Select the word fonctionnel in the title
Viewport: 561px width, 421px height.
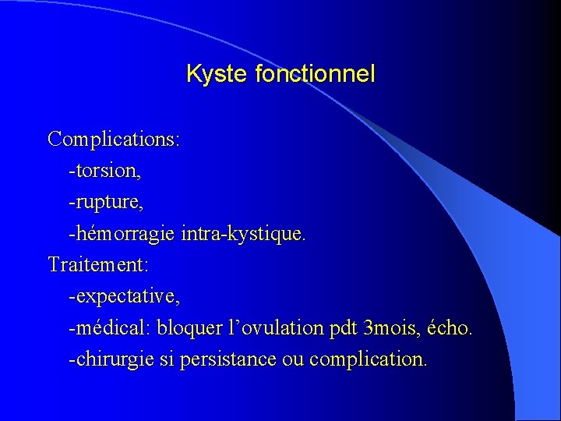tap(315, 74)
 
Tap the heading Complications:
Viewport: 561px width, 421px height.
tap(114, 140)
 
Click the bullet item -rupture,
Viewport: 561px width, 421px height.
tap(106, 203)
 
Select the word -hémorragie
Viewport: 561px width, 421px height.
tap(122, 233)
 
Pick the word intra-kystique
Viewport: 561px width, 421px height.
tap(244, 233)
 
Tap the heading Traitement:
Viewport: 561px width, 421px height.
tap(98, 265)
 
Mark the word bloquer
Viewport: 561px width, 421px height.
tap(187, 328)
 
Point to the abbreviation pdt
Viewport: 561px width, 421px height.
tap(344, 328)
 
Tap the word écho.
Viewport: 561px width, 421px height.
tap(450, 328)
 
